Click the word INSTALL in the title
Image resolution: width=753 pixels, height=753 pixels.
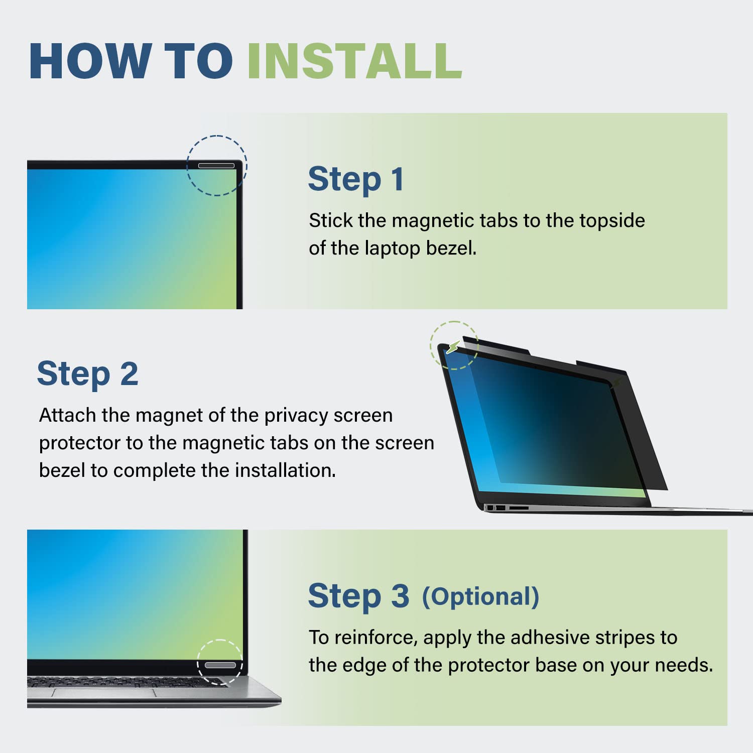coord(354,61)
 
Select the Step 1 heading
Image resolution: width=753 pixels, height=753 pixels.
coord(356,179)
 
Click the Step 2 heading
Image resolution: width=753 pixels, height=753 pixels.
coord(87,374)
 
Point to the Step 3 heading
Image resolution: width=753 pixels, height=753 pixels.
coord(358,596)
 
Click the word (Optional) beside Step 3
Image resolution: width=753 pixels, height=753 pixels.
coord(480,597)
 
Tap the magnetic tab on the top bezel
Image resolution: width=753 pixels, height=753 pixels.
coord(216,166)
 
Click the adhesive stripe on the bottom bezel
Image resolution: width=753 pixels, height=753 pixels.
coord(220,665)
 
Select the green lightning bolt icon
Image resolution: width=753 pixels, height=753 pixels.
coord(453,346)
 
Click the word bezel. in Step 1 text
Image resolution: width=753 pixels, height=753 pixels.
coord(451,248)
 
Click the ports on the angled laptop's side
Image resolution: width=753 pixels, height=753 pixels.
coord(507,508)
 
